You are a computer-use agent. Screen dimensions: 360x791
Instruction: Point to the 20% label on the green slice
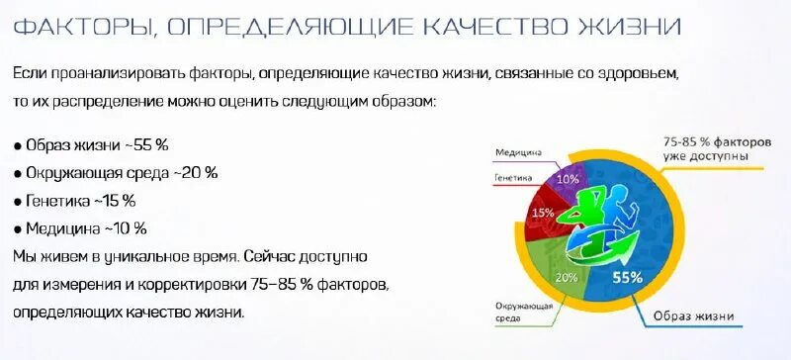(x=566, y=278)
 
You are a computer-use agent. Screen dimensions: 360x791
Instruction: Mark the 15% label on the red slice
(x=543, y=213)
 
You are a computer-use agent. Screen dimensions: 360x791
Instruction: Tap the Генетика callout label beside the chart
(x=513, y=179)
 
